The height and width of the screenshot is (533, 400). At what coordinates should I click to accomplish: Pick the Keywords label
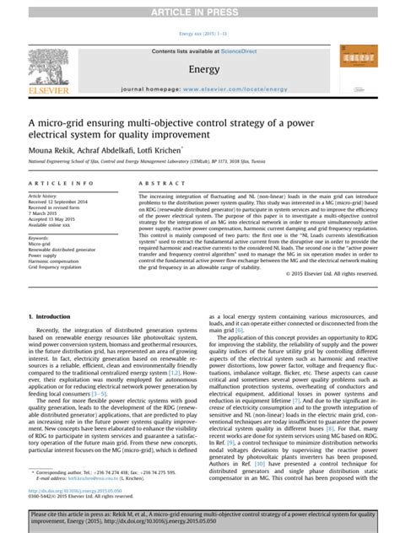coord(39,239)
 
